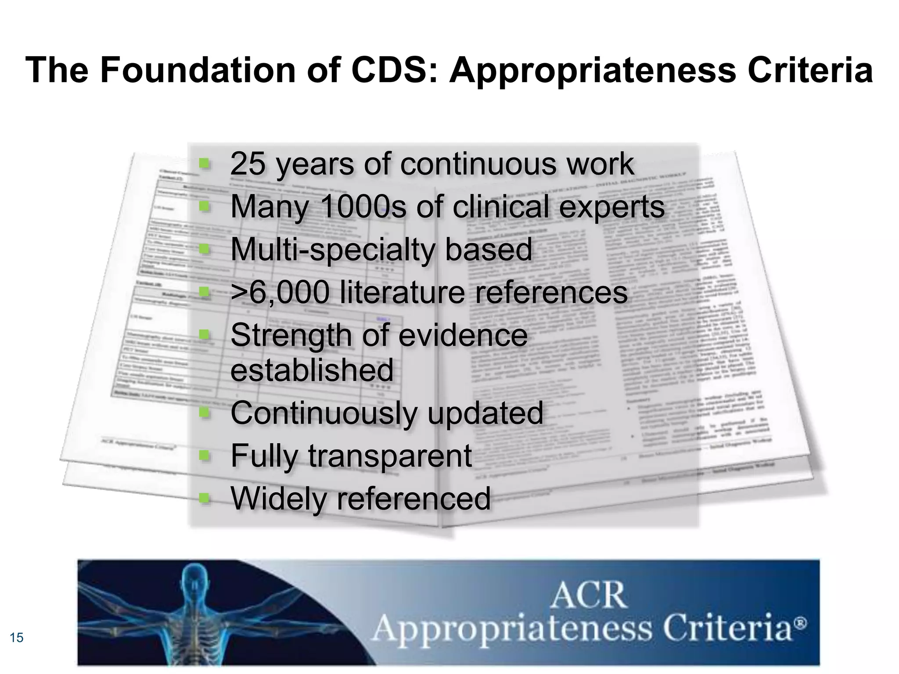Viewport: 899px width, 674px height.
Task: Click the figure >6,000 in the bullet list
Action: [280, 292]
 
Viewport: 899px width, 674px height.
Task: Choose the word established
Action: [312, 370]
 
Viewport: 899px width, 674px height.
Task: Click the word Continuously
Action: [323, 413]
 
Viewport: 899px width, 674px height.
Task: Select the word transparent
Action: [390, 455]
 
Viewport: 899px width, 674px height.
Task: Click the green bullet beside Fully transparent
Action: [204, 456]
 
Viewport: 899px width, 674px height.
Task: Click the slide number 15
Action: [16, 637]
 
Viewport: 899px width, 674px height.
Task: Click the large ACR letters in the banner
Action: [588, 595]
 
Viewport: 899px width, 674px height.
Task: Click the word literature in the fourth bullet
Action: [402, 292]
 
